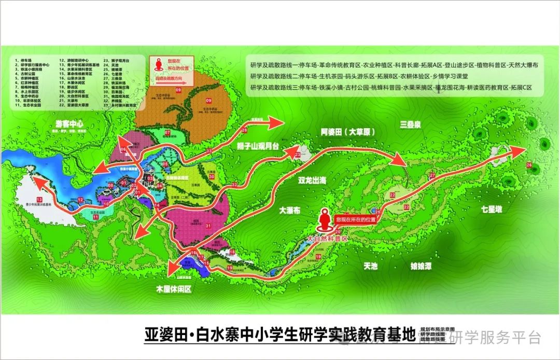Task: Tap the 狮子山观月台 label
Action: coord(255,147)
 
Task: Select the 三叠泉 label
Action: coord(412,124)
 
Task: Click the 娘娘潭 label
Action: coord(421,266)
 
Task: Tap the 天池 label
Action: coord(371,266)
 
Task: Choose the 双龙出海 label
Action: coord(312,181)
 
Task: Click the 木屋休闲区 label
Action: coord(174,289)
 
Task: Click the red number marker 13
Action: coord(39,200)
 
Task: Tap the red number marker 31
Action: coord(208,226)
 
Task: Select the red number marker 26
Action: coord(529,165)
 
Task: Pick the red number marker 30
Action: coord(212,176)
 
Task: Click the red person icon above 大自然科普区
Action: coord(326,220)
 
